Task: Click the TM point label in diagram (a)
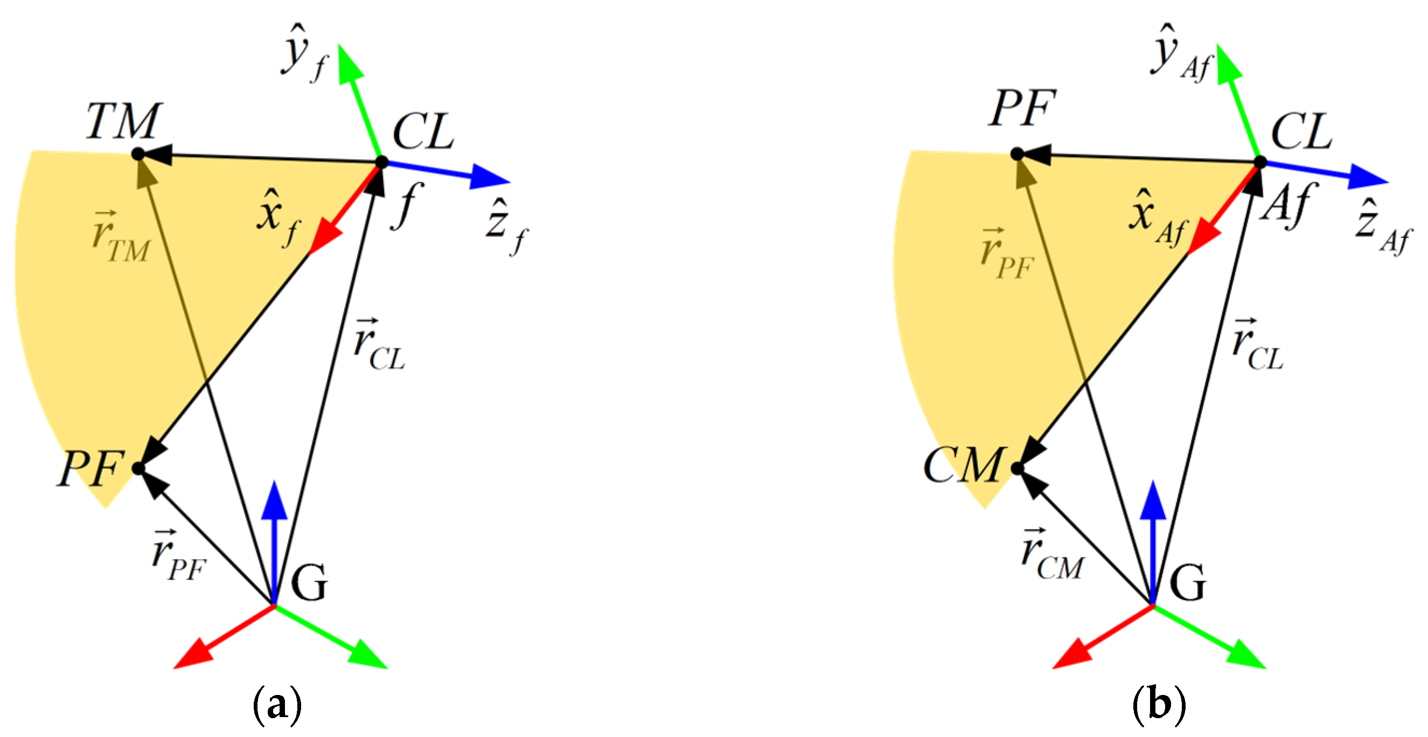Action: tap(123, 121)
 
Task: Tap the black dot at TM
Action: tap(138, 154)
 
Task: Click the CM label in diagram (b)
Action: tap(964, 465)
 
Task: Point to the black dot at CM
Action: tap(1017, 469)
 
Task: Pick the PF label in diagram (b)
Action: tap(1022, 108)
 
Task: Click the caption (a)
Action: tap(277, 705)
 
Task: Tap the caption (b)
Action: tap(1159, 705)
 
